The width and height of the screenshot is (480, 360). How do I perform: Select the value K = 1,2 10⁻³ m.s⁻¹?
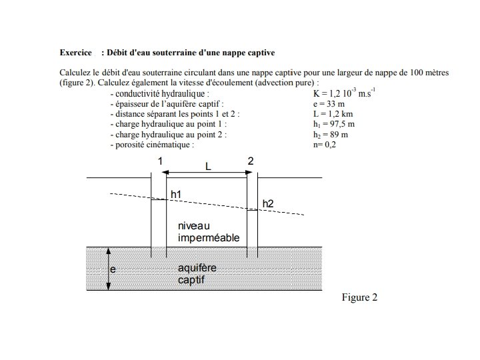pyautogui.click(x=339, y=94)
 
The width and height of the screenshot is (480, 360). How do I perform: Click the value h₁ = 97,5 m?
pyautogui.click(x=328, y=124)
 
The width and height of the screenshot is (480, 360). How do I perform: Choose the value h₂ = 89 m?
pyautogui.click(x=324, y=134)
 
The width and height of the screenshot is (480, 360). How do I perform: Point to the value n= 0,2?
pyautogui.click(x=319, y=144)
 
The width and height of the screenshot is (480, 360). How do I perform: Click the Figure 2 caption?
pyautogui.click(x=359, y=297)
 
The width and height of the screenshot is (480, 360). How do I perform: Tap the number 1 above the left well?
pyautogui.click(x=160, y=161)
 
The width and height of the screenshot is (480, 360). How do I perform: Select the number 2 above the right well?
pyautogui.click(x=250, y=161)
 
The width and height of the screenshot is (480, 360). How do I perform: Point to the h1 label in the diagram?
pyautogui.click(x=176, y=194)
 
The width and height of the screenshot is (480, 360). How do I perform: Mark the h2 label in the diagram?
pyautogui.click(x=268, y=203)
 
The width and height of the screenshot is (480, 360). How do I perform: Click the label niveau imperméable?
pyautogui.click(x=208, y=232)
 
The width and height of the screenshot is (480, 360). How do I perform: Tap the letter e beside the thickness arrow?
pyautogui.click(x=113, y=270)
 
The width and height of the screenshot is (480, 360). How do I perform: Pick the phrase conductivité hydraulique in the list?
pyautogui.click(x=162, y=94)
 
